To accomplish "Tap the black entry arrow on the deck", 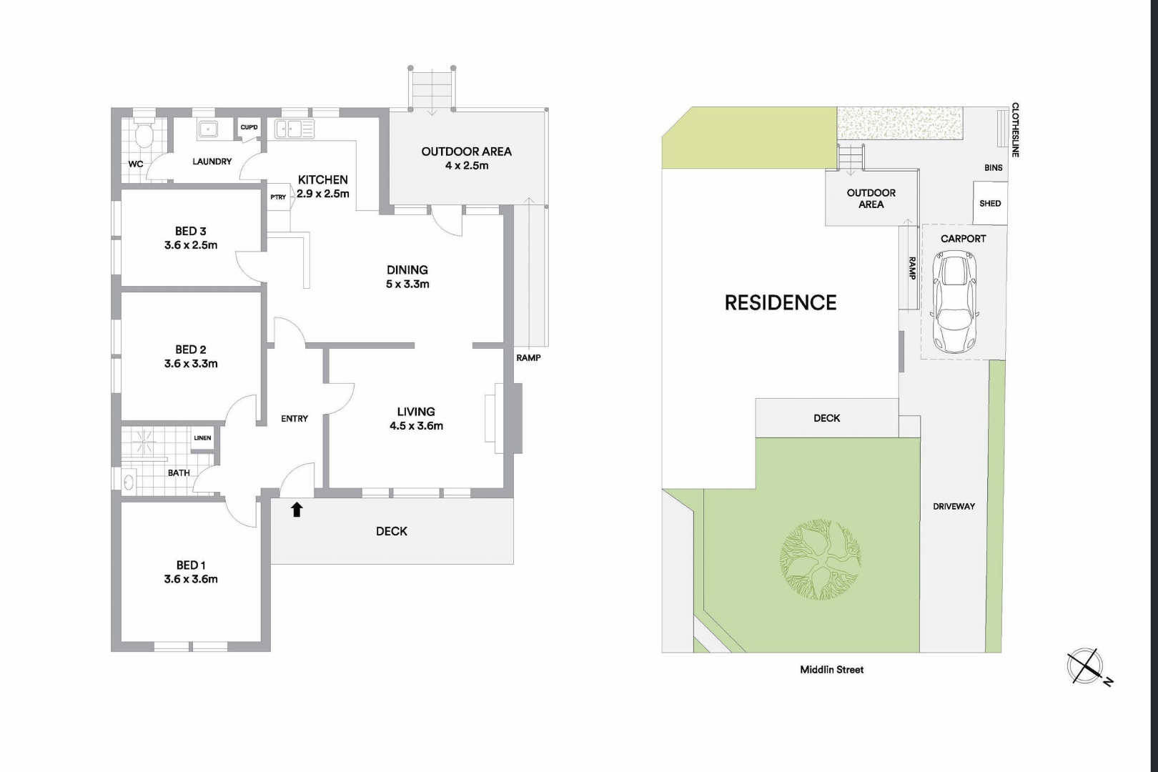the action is pyautogui.click(x=296, y=510).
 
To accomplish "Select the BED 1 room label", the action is pyautogui.click(x=191, y=565).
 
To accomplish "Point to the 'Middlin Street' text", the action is pyautogui.click(x=831, y=670).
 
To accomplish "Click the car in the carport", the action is pyautogui.click(x=955, y=302).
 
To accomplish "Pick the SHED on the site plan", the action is pyautogui.click(x=990, y=203).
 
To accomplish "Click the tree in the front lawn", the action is pyautogui.click(x=820, y=560).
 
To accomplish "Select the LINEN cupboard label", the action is pyautogui.click(x=202, y=438).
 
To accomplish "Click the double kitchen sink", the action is pyautogui.click(x=295, y=129).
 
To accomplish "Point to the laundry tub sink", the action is pyautogui.click(x=208, y=129).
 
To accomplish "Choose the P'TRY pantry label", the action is pyautogui.click(x=278, y=197).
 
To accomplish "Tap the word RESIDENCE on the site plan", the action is pyautogui.click(x=780, y=302).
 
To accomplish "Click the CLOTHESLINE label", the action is pyautogui.click(x=1015, y=130).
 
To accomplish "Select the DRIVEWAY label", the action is pyautogui.click(x=954, y=506).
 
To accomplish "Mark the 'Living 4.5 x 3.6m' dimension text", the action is pyautogui.click(x=416, y=425).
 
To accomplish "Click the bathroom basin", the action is pyautogui.click(x=129, y=482).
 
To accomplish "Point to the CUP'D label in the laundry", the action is pyautogui.click(x=249, y=127).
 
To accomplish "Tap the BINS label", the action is pyautogui.click(x=993, y=167).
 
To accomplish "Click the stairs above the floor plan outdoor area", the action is pyautogui.click(x=432, y=89).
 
